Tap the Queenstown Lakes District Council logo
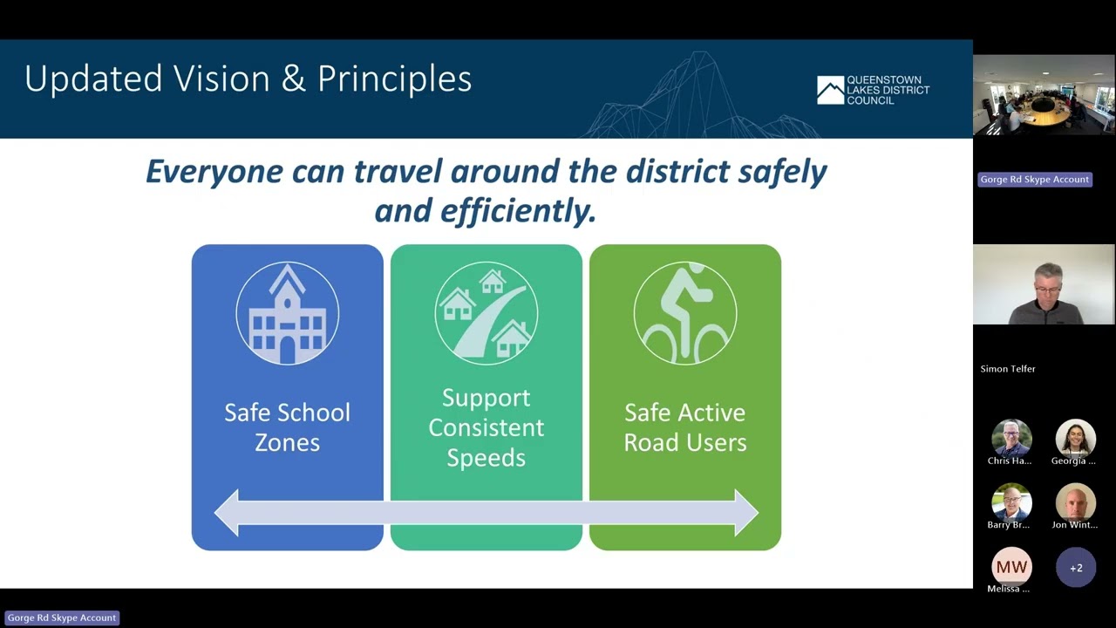(873, 90)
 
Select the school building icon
(287, 313)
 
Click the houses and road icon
(486, 313)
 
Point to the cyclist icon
(684, 313)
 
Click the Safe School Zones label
(287, 427)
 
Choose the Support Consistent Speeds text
(486, 427)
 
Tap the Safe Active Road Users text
(684, 427)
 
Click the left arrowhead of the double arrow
(228, 513)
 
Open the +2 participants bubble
(1076, 568)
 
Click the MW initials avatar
(1011, 568)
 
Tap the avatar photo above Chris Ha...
(1011, 438)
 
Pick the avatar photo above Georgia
(1076, 438)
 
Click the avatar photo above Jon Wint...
(1076, 502)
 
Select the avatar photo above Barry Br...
(1011, 502)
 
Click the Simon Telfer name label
(1008, 369)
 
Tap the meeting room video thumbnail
(1044, 96)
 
